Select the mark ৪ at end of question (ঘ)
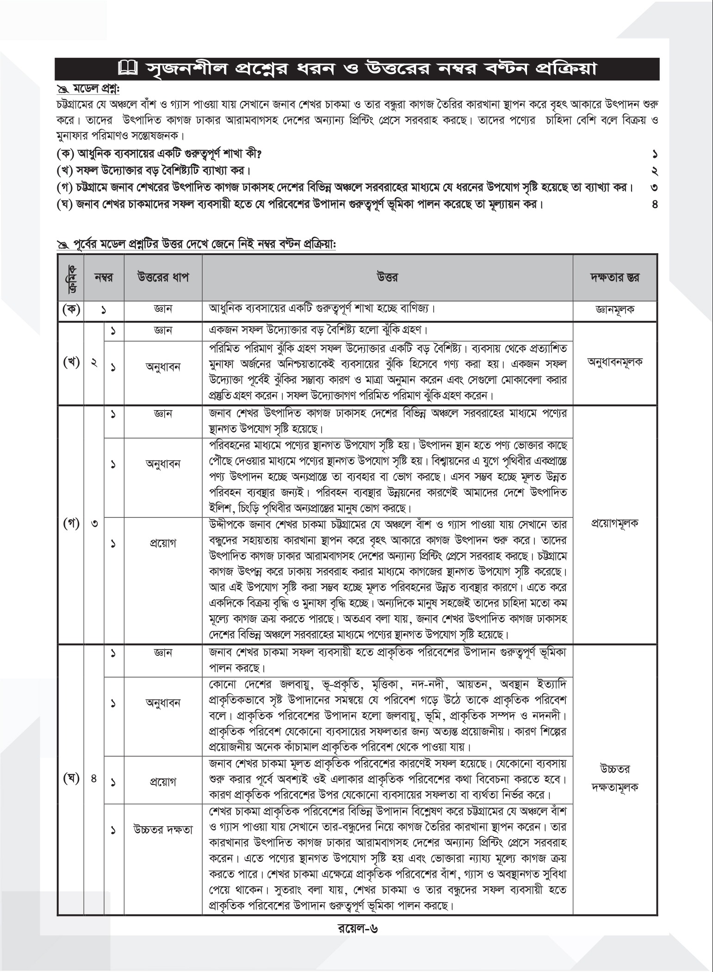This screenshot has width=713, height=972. tap(655, 204)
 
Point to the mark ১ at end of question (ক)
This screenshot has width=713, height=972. tap(655, 154)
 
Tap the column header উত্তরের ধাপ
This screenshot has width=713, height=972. tap(163, 277)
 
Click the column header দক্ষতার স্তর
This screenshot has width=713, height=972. tap(615, 277)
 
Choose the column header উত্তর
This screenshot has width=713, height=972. tap(388, 277)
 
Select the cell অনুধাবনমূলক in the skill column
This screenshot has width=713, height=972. tap(615, 362)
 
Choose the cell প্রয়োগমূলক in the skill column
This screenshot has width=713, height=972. tap(615, 524)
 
